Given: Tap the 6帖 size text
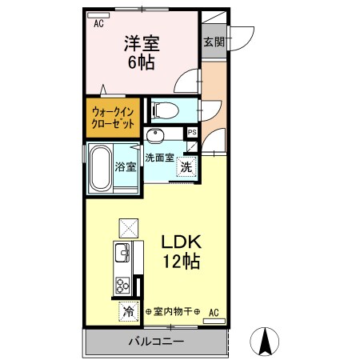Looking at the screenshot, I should [141, 62].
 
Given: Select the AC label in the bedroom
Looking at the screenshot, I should [98, 25].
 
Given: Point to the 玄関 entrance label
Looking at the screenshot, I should [213, 42].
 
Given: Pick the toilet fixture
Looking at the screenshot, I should [165, 109].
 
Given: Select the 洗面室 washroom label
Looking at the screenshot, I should [160, 158].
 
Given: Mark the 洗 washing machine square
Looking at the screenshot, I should [186, 167].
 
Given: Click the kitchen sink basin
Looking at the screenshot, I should [123, 255].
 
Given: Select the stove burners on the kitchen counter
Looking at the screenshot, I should [123, 284].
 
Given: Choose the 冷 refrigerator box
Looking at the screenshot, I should [127, 310].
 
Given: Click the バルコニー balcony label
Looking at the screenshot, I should [157, 342].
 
